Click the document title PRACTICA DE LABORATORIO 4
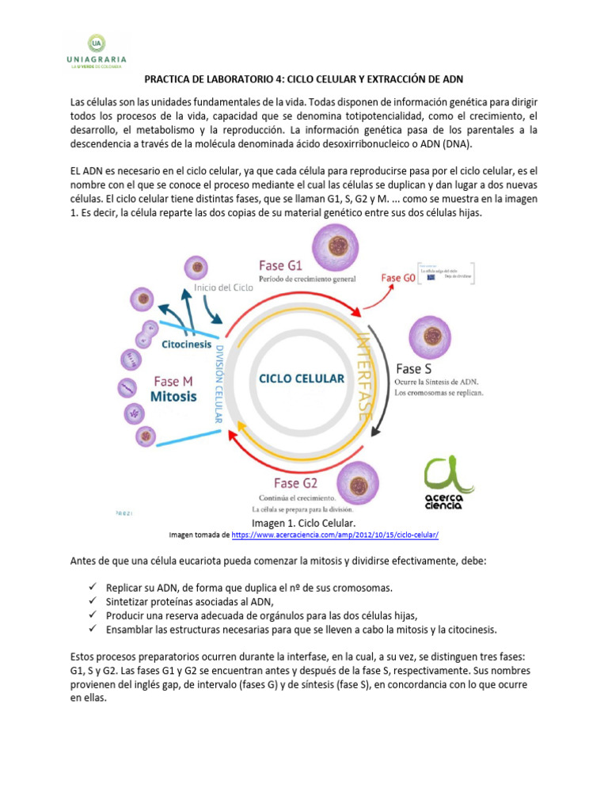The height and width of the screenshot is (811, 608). point(303,79)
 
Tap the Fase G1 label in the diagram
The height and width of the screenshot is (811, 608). point(287,264)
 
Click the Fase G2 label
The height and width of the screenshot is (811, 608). point(295,482)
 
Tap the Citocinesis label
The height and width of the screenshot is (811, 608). point(187,345)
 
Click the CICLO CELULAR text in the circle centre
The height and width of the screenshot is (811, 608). point(302,379)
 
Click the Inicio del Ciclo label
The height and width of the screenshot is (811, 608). point(224,288)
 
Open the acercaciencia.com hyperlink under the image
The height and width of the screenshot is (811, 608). point(335,535)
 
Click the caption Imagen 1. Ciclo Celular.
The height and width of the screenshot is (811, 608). point(303,524)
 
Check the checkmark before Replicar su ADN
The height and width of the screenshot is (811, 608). point(93,588)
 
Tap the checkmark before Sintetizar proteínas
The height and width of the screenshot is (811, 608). point(93,601)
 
